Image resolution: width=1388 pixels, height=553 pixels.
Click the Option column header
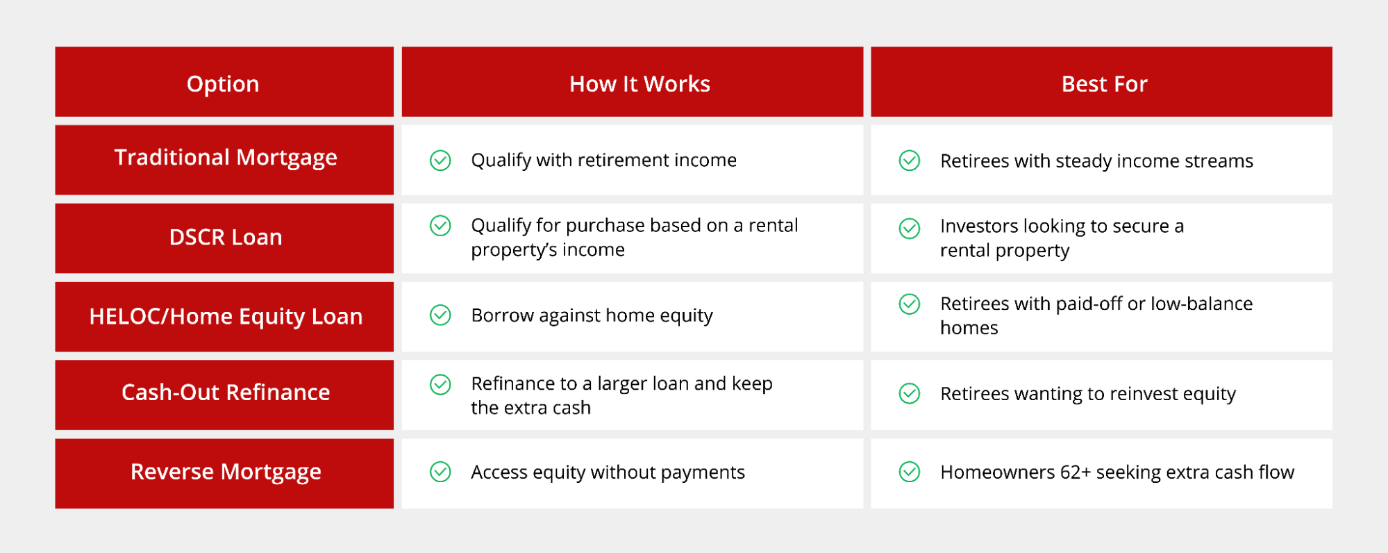pyautogui.click(x=223, y=84)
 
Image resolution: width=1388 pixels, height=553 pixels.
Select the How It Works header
pyautogui.click(x=639, y=84)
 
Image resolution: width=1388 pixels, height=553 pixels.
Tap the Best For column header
pyautogui.click(x=1104, y=84)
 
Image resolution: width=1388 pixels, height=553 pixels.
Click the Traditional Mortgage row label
pyautogui.click(x=226, y=158)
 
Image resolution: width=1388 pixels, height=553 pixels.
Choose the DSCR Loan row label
pyautogui.click(x=226, y=238)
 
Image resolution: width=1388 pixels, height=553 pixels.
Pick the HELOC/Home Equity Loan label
pyautogui.click(x=226, y=317)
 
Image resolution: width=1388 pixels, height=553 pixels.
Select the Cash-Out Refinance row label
pyautogui.click(x=226, y=393)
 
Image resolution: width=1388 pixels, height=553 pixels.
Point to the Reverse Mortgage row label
pyautogui.click(x=226, y=472)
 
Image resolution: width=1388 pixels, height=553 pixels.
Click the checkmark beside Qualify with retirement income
pyautogui.click(x=440, y=160)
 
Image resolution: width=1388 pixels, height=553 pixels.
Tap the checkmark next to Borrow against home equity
pyautogui.click(x=440, y=315)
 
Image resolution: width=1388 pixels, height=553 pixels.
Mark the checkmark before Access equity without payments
pyautogui.click(x=440, y=472)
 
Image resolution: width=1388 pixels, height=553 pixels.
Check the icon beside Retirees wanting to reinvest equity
pyautogui.click(x=910, y=393)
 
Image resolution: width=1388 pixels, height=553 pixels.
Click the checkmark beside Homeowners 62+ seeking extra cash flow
pyautogui.click(x=910, y=472)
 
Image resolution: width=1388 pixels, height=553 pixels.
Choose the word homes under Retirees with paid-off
pyautogui.click(x=969, y=328)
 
